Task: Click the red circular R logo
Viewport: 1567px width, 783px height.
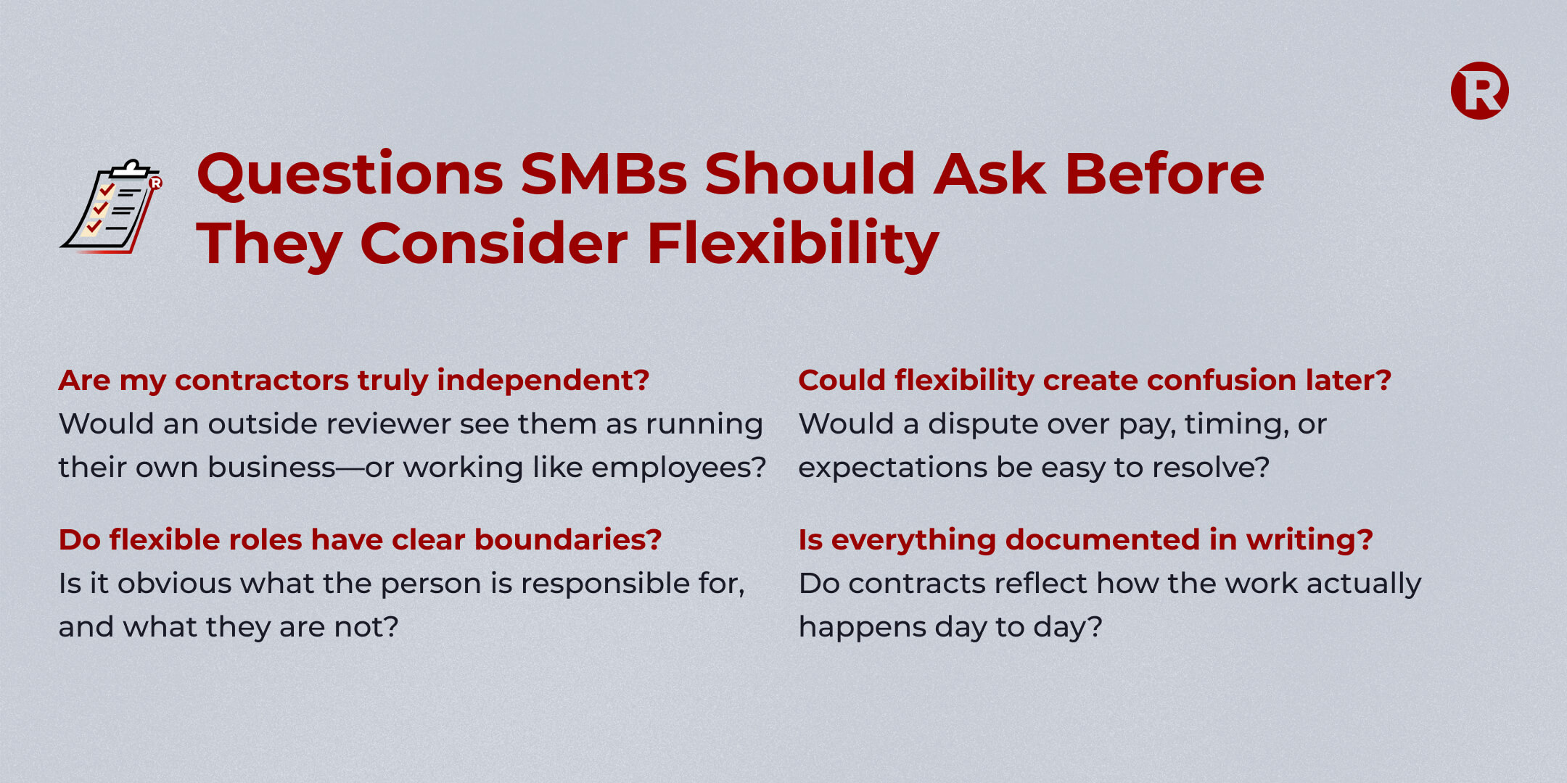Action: pyautogui.click(x=1479, y=91)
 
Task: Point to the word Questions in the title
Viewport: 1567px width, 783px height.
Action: pyautogui.click(x=350, y=175)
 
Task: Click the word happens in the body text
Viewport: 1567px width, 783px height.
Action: pyautogui.click(x=863, y=628)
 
